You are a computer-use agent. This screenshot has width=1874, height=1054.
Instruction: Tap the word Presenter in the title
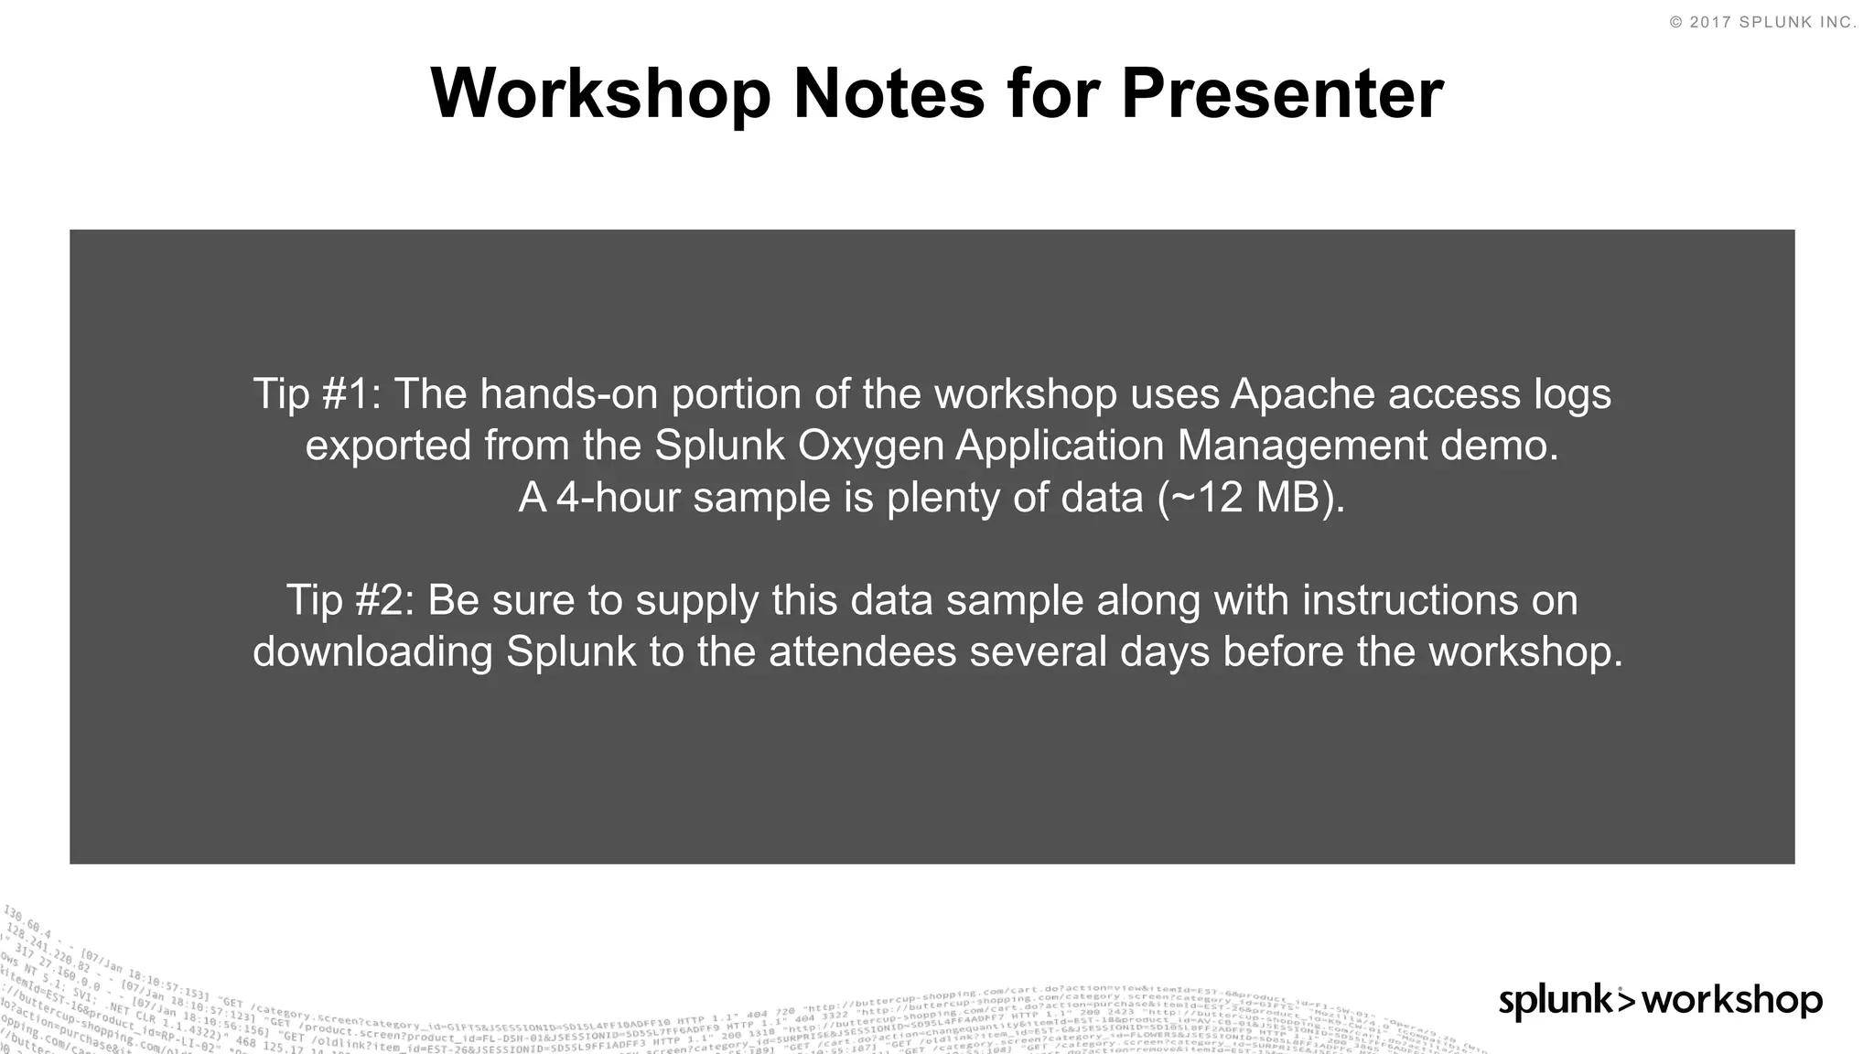click(1282, 93)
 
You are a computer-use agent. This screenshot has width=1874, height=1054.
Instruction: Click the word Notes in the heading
click(888, 93)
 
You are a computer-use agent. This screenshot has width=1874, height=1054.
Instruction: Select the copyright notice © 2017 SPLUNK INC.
click(1763, 23)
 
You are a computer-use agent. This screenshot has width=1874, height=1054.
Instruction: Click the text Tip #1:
click(317, 394)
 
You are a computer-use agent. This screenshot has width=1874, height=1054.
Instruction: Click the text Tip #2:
click(350, 601)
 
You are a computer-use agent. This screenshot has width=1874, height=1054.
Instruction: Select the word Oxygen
click(870, 446)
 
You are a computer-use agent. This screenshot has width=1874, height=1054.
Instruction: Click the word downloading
click(372, 652)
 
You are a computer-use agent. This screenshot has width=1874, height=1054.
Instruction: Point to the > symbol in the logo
click(1626, 999)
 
